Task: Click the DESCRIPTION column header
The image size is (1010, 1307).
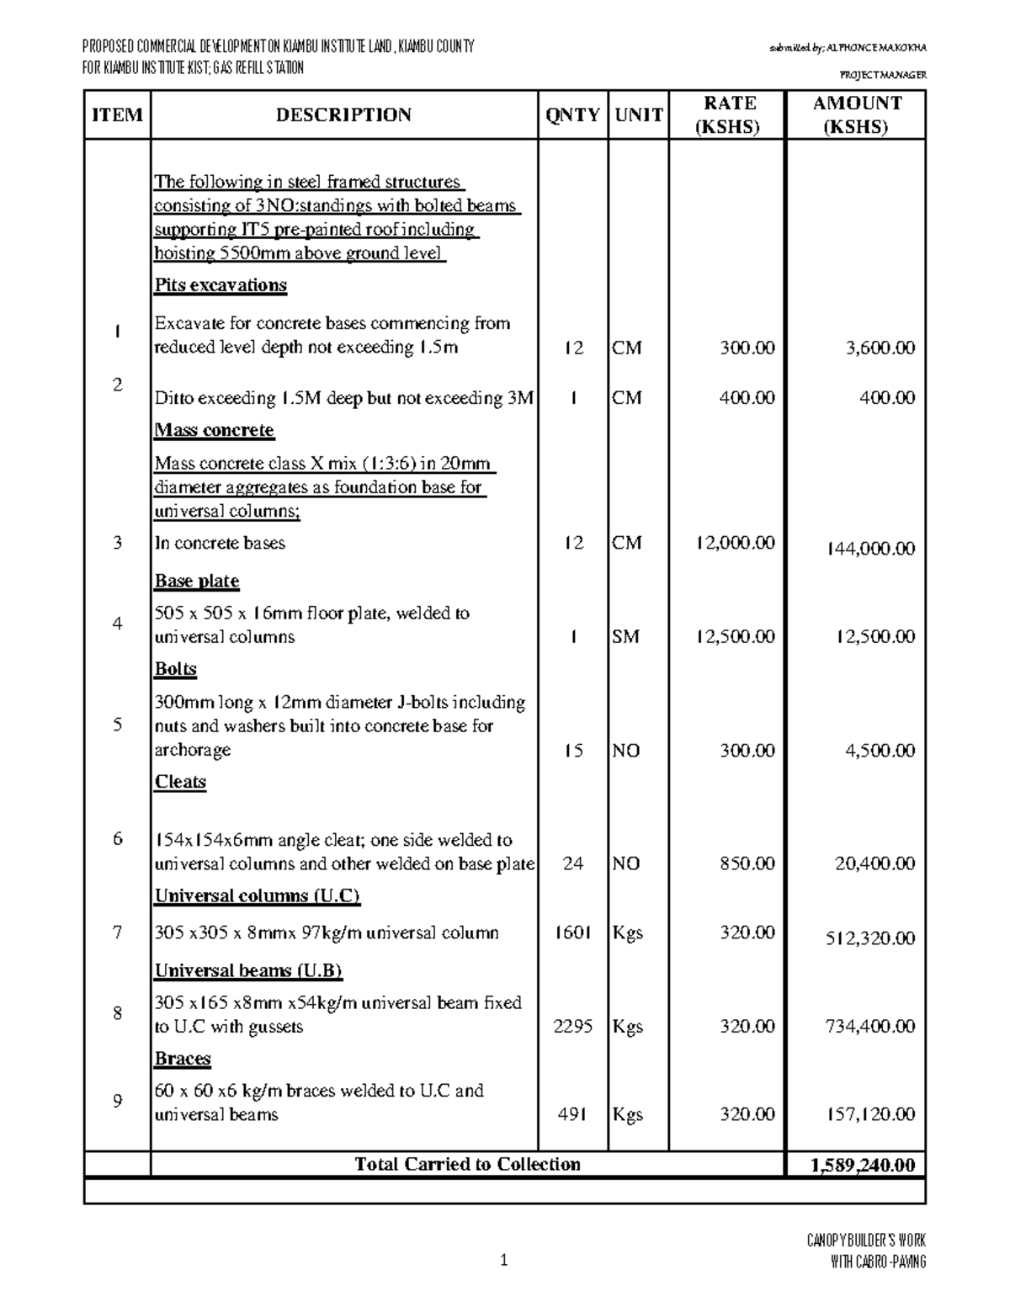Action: (343, 115)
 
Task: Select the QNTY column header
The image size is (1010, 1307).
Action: (572, 115)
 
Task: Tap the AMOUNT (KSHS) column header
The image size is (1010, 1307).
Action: (856, 115)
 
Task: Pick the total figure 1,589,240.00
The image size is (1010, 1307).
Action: (862, 1165)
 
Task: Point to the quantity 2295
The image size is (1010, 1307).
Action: (572, 1027)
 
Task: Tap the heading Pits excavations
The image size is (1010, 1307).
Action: (221, 285)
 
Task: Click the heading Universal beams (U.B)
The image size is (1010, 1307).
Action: (248, 971)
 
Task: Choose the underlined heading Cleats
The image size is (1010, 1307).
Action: (180, 782)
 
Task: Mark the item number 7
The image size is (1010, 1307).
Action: (117, 932)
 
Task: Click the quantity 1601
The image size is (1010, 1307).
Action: (572, 933)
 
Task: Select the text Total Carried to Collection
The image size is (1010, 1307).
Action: (467, 1165)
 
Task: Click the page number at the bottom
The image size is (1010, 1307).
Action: (504, 1261)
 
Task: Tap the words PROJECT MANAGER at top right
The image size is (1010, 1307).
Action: (878, 75)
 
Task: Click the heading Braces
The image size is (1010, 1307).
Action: (183, 1059)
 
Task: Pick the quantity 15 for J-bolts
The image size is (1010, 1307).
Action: (572, 751)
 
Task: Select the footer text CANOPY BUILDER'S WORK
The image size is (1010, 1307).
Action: (866, 1241)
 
